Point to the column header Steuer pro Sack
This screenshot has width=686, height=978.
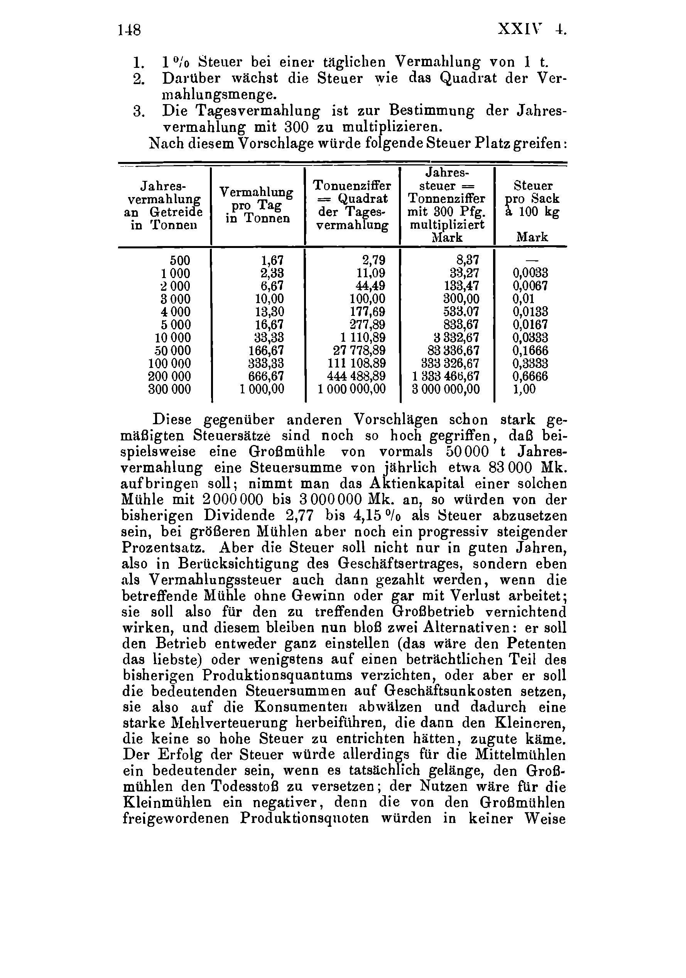[532, 199]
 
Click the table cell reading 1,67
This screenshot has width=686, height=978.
[272, 260]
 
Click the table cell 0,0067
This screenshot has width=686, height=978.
[530, 286]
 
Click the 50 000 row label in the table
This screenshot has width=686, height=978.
[172, 351]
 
